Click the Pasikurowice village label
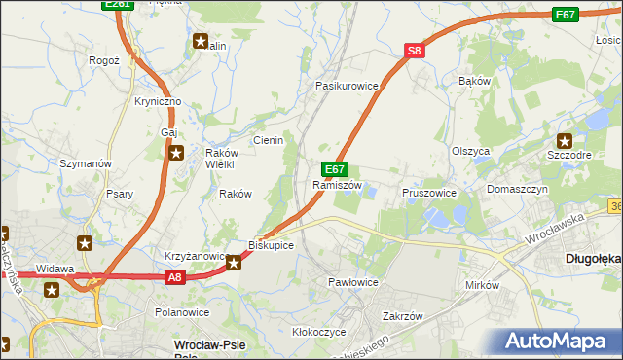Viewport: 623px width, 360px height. (346, 86)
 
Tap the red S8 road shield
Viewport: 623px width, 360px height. (415, 51)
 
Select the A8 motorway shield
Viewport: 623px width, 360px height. (173, 277)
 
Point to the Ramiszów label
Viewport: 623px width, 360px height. (337, 185)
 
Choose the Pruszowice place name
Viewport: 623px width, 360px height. (429, 193)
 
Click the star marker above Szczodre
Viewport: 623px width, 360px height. (564, 141)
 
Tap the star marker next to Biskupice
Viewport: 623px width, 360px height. (234, 262)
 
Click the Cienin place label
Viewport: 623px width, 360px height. (268, 140)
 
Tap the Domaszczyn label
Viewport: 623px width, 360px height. (518, 189)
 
